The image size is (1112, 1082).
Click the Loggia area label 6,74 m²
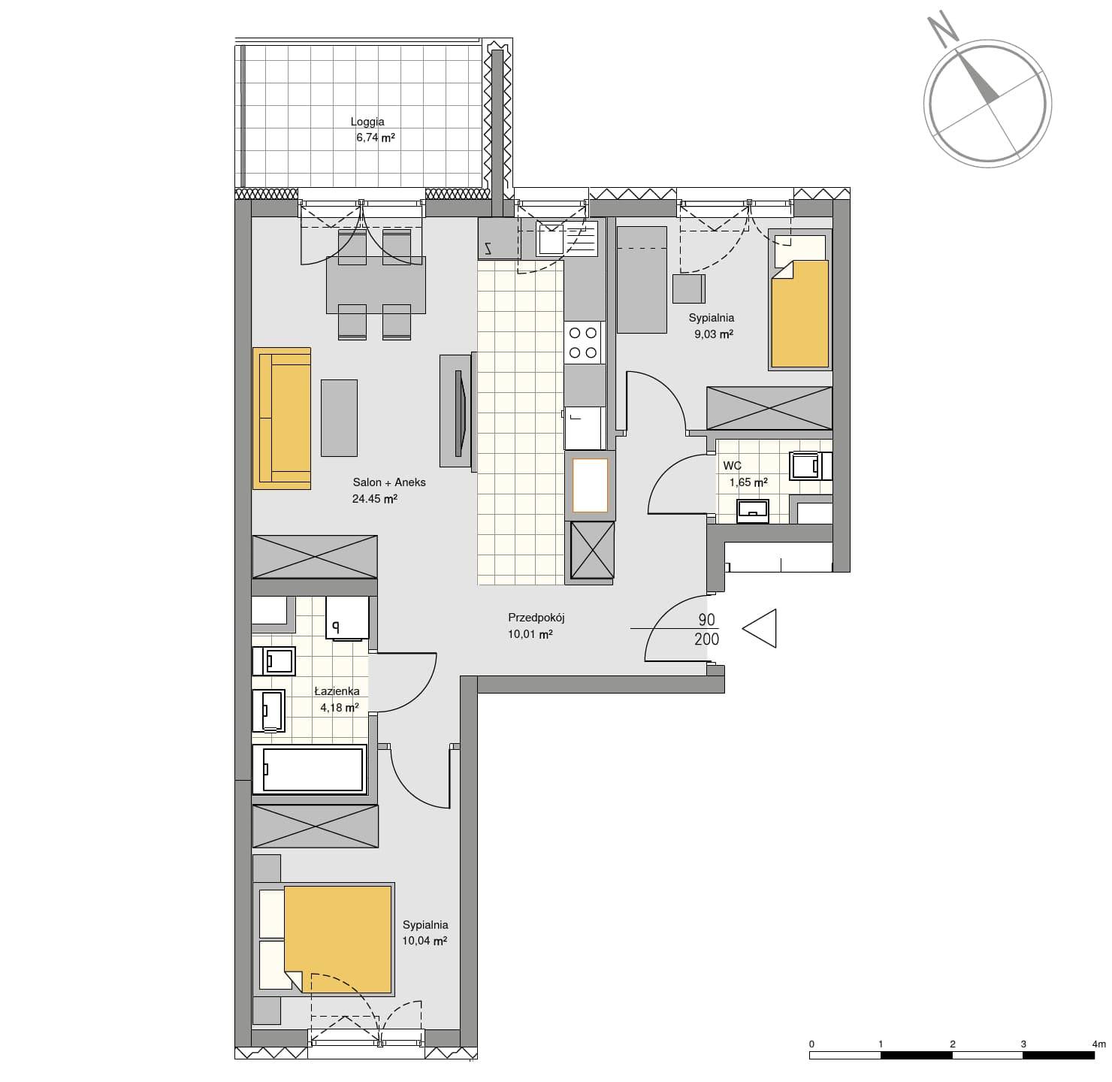coord(375,138)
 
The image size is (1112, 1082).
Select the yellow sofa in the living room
coord(282,419)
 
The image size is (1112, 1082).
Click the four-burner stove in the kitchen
coord(584,343)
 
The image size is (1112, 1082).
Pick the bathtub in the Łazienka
coord(309,769)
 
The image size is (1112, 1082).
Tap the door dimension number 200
coord(706,639)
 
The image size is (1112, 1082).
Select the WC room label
coord(732,466)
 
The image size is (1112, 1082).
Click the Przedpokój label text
coord(536,618)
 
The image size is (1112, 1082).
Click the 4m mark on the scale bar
coord(1099,1044)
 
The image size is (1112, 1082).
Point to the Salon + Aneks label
coord(389,482)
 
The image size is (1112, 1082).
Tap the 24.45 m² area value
coord(374,498)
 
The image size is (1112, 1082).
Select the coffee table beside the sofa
coord(339,418)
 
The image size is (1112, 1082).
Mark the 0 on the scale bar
coord(811,1044)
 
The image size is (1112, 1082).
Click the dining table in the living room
coord(376,286)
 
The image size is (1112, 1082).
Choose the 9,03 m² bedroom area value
coord(714,334)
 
